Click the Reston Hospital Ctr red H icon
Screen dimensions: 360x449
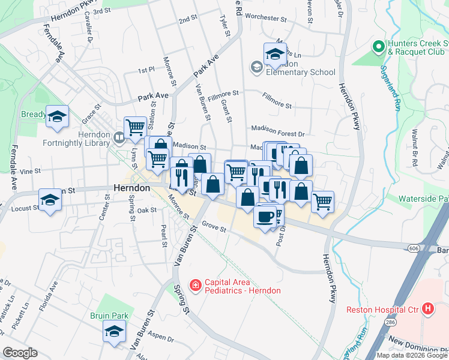tap(427, 309)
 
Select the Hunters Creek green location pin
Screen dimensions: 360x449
tap(378, 46)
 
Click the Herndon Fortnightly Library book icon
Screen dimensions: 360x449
tap(119, 139)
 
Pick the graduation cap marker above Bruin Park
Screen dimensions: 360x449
tap(114, 331)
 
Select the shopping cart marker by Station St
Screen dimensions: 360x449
tap(136, 127)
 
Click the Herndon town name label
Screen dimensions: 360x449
tap(131, 188)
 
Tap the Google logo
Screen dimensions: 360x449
tap(20, 353)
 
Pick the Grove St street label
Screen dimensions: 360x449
tap(213, 227)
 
